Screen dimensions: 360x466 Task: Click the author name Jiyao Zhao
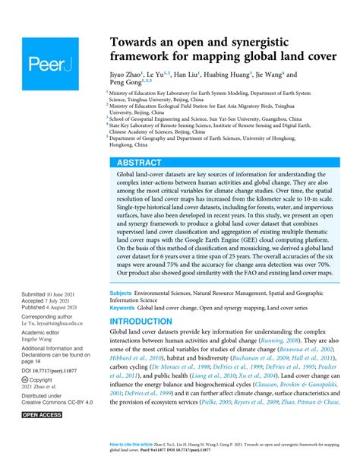pyautogui.click(x=128, y=76)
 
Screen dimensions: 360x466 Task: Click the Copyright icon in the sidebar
pyautogui.click(x=26, y=378)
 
